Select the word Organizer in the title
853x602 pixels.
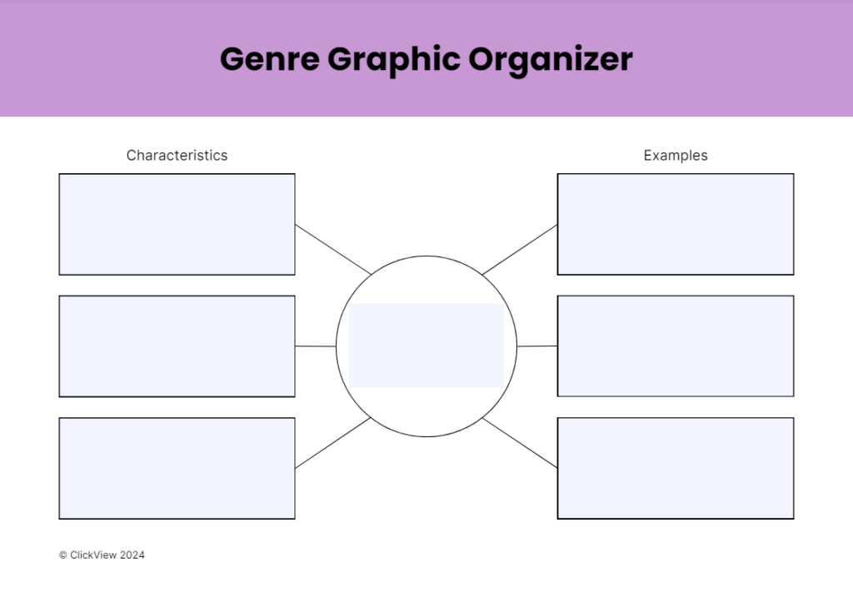click(550, 60)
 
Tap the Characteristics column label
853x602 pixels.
click(177, 156)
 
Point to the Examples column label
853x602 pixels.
click(676, 156)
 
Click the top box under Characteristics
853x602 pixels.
click(177, 224)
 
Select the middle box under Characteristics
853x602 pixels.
click(177, 346)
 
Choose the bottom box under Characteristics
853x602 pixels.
click(177, 468)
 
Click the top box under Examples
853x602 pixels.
click(676, 224)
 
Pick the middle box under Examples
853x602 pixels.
click(676, 346)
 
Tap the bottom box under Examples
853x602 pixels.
click(676, 468)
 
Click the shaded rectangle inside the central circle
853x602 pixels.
click(426, 346)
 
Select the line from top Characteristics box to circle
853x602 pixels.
click(333, 249)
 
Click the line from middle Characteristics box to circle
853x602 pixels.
click(316, 346)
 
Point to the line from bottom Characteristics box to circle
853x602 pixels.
click(333, 443)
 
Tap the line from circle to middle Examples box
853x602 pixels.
click(537, 346)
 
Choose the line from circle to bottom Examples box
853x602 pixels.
click(520, 442)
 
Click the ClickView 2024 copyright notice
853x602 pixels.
click(102, 555)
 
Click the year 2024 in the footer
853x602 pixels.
click(132, 555)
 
